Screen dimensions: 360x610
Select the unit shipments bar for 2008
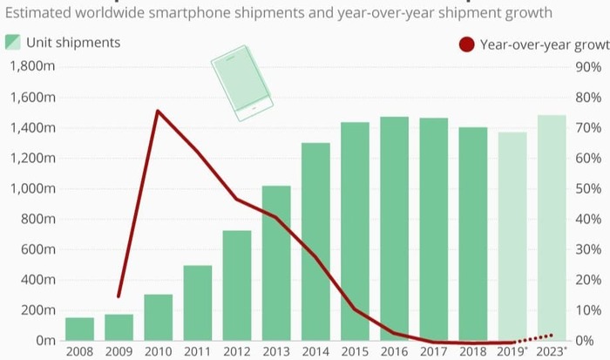[79, 329]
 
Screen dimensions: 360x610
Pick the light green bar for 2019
[512, 236]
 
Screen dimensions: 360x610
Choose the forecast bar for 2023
[552, 228]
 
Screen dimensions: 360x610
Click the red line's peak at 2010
[157, 111]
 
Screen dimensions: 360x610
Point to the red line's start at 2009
[119, 296]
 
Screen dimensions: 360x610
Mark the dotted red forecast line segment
[534, 338]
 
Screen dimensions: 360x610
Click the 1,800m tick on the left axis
[36, 67]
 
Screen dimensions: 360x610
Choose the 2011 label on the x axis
[198, 351]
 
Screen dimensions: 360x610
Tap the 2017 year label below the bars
[434, 351]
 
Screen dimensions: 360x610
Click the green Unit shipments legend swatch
[12, 43]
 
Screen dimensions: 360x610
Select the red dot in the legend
[467, 44]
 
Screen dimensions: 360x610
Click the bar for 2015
[355, 231]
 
